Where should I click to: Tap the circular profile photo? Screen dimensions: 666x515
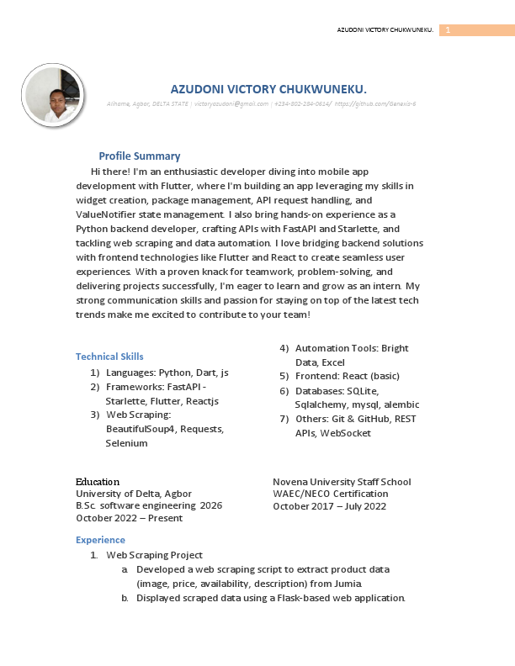pos(53,96)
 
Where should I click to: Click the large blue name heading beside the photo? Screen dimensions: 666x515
pos(268,88)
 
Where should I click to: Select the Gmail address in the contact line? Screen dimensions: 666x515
pos(231,103)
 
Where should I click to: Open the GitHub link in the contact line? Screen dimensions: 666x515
pos(375,103)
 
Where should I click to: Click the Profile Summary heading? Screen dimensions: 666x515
pos(139,156)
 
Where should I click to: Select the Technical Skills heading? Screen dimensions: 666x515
pos(109,357)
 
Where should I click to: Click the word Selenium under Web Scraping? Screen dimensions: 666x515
pos(126,443)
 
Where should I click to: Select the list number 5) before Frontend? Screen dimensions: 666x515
pos(284,376)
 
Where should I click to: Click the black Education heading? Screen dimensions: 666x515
pos(98,482)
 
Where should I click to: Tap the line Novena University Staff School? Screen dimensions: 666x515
pos(342,482)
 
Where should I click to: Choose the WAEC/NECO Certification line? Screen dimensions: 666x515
pos(331,494)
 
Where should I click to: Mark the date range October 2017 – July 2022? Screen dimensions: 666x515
pos(329,506)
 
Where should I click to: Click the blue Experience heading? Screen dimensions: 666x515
pos(100,540)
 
